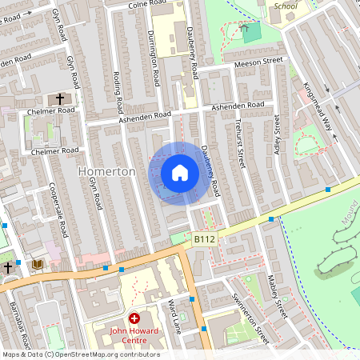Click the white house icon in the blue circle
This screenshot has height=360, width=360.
pyautogui.click(x=180, y=173)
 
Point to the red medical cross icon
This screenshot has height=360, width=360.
pyautogui.click(x=134, y=318)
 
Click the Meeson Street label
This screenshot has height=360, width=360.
pyautogui.click(x=258, y=61)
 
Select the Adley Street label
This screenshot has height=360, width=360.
pyautogui.click(x=278, y=134)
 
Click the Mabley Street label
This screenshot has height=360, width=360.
pyautogui.click(x=277, y=296)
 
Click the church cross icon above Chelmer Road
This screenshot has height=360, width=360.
pyautogui.click(x=59, y=99)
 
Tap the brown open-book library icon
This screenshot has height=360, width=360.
pyautogui.click(x=37, y=264)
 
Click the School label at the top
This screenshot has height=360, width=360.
pyautogui.click(x=286, y=6)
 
